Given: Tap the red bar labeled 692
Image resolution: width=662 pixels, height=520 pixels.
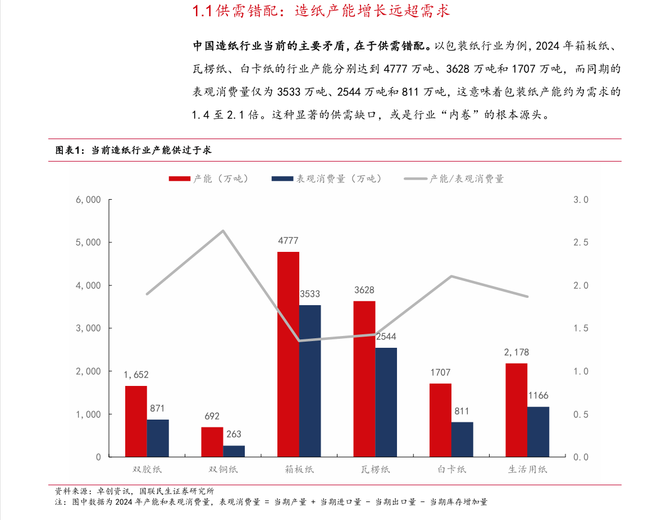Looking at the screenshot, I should tap(212, 441).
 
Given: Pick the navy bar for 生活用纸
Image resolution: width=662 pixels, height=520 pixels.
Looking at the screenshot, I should tap(538, 431).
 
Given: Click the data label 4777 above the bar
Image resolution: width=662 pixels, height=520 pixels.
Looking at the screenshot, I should tap(288, 241).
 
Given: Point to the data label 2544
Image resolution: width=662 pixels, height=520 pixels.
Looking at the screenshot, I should tap(386, 337).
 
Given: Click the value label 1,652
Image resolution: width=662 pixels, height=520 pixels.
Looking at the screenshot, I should tap(136, 375).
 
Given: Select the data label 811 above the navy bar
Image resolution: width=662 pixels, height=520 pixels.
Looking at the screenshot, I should tap(462, 411).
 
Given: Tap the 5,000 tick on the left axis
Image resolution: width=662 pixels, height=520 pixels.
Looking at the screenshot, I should tap(89, 242).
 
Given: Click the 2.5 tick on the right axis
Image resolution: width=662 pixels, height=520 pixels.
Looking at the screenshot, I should tap(580, 242).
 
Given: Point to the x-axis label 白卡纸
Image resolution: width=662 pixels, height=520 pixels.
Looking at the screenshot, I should tap(452, 470).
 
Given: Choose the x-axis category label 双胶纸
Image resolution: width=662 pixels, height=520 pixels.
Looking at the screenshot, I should tap(147, 470).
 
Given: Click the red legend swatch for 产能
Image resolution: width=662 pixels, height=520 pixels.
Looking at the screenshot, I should tap(180, 179).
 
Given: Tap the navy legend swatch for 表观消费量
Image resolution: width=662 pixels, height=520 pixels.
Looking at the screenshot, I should tap(282, 179).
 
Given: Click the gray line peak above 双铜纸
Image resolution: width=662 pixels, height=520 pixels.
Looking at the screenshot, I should tap(223, 231).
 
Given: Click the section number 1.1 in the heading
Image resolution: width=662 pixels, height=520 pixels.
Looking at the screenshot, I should tap(202, 11).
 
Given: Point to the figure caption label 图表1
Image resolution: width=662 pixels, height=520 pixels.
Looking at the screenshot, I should tap(69, 150).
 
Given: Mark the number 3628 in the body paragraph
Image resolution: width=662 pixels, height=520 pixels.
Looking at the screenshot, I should tap(459, 69).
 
